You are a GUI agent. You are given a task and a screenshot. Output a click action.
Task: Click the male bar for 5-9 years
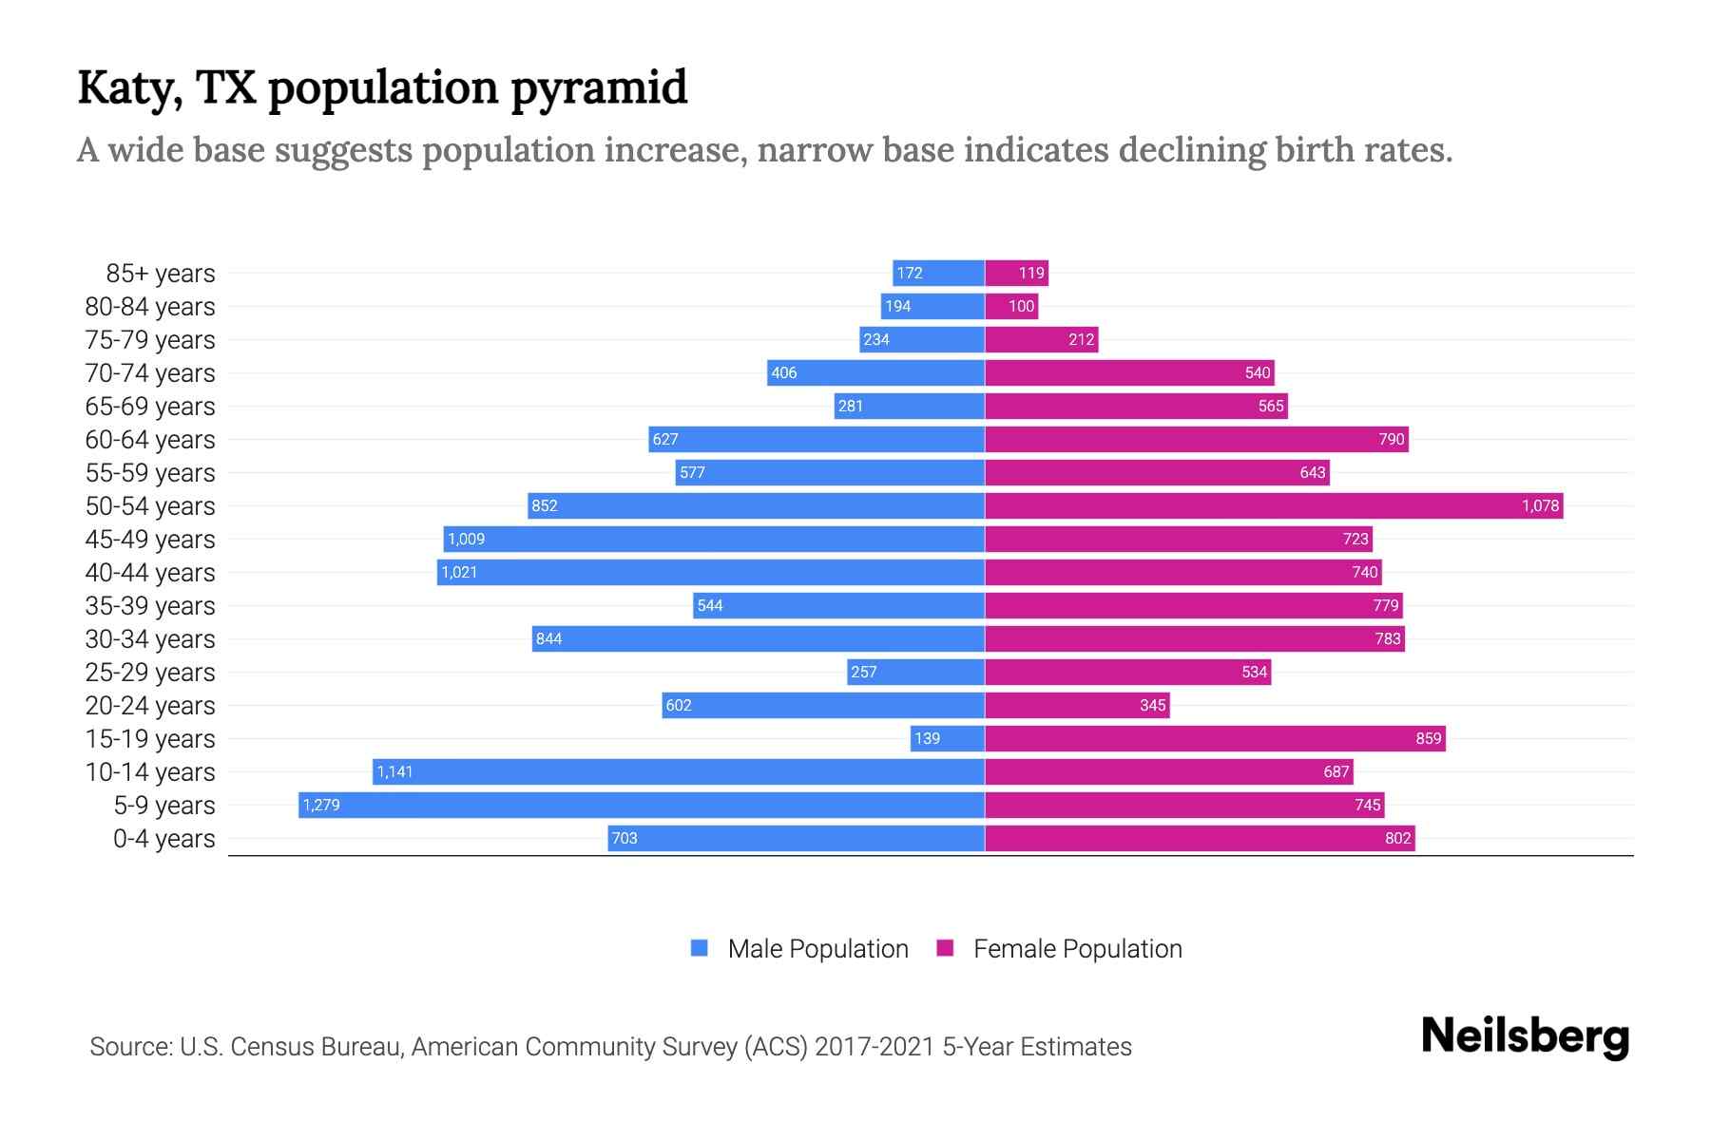[642, 805]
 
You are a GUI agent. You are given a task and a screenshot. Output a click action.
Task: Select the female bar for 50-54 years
[1274, 505]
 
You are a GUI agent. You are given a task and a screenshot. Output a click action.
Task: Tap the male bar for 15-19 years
[947, 738]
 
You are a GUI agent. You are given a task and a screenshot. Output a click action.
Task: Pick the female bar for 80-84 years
[1011, 306]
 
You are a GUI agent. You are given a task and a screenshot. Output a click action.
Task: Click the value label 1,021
[459, 572]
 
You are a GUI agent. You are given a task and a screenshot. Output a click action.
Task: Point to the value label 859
[1428, 738]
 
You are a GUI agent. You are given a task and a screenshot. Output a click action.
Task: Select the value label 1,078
[1540, 505]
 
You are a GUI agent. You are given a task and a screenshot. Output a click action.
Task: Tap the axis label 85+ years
[161, 274]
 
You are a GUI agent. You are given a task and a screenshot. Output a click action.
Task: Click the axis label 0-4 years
[163, 839]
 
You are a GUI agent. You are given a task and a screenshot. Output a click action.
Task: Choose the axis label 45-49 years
[150, 540]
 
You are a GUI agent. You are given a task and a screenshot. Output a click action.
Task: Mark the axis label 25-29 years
[150, 673]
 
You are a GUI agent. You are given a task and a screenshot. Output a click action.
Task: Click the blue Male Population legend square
[700, 948]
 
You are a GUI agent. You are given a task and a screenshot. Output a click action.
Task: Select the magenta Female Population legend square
[945, 948]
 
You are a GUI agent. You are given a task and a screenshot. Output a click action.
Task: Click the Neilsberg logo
[1525, 1036]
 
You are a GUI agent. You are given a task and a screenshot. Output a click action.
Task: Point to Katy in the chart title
[130, 88]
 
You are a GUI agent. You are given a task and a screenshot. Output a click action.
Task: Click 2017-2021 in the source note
[875, 1047]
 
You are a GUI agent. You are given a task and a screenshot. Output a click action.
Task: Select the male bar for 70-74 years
[875, 372]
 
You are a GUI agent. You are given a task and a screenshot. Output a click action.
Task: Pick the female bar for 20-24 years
[1077, 705]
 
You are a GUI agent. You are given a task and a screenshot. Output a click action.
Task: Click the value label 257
[863, 672]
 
